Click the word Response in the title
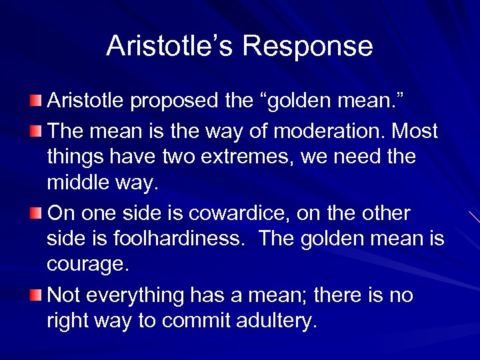click(x=307, y=46)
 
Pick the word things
click(x=73, y=157)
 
